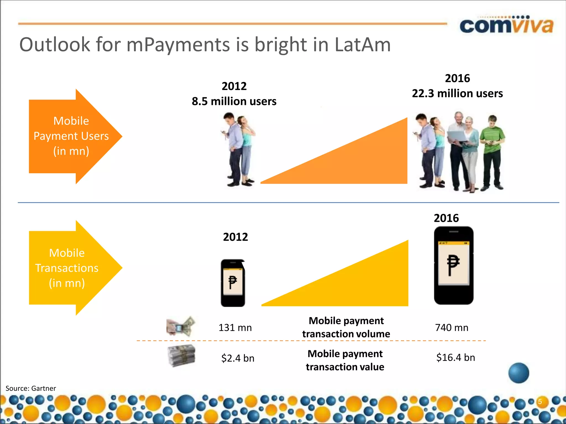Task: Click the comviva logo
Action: coord(506,25)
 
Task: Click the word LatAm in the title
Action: coord(363,45)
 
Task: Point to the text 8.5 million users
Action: coord(234,101)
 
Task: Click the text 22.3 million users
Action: coord(457,93)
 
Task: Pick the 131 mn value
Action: coord(235,328)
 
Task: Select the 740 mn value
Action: coord(452,328)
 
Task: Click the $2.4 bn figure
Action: coord(238,358)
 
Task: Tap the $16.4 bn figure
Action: coord(455,357)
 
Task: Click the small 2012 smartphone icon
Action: coord(233,283)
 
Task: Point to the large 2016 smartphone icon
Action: coord(454,266)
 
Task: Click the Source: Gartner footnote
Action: coord(31,388)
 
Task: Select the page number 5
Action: coord(540,401)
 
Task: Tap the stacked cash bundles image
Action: coord(182,356)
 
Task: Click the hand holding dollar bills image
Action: coord(181,326)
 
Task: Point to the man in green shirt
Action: coord(492,152)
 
